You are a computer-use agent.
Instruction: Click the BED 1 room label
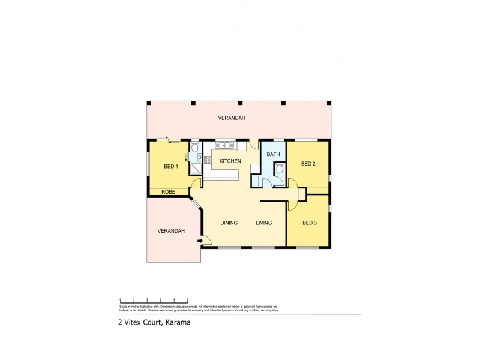(171, 166)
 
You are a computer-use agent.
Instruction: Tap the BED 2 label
(308, 164)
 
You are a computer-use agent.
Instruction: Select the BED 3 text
(309, 223)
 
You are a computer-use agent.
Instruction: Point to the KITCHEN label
(230, 161)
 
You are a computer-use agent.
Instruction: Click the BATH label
(274, 154)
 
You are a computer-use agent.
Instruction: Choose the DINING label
(229, 223)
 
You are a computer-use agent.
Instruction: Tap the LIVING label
(264, 223)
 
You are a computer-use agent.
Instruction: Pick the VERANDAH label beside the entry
(171, 231)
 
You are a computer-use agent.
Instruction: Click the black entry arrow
(200, 241)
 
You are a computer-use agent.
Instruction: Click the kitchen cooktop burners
(207, 159)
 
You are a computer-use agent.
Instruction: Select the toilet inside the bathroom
(280, 170)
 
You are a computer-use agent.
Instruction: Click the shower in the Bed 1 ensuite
(196, 168)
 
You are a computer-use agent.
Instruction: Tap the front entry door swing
(206, 240)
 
